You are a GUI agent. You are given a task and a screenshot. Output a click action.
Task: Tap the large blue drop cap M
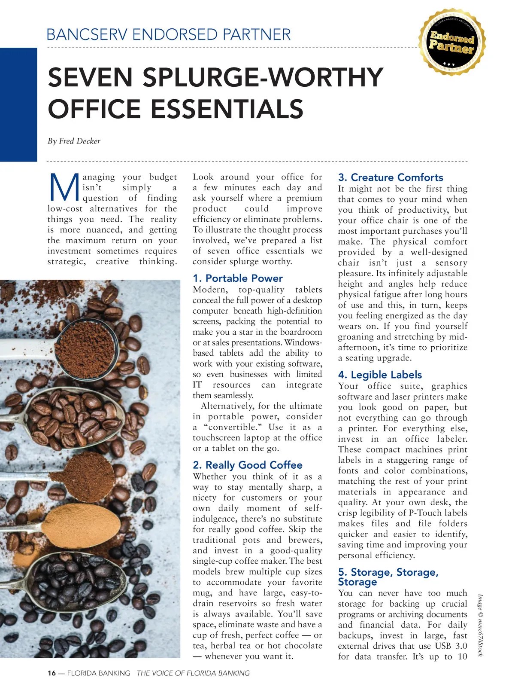64,188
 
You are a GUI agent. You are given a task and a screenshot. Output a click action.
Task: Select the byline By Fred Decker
74,141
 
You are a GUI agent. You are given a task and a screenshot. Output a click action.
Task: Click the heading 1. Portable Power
237,278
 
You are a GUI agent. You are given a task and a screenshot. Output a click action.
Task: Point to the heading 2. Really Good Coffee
247,465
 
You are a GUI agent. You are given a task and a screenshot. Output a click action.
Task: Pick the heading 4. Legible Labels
380,375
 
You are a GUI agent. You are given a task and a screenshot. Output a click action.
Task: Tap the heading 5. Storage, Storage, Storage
388,577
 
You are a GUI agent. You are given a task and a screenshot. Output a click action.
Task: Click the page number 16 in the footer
51,673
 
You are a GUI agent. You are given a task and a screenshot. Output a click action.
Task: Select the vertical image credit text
481,625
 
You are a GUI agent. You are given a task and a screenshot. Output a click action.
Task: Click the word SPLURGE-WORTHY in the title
263,77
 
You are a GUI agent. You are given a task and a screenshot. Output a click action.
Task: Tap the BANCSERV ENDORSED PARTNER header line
169,34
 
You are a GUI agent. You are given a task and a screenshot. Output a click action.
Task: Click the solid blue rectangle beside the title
18,104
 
